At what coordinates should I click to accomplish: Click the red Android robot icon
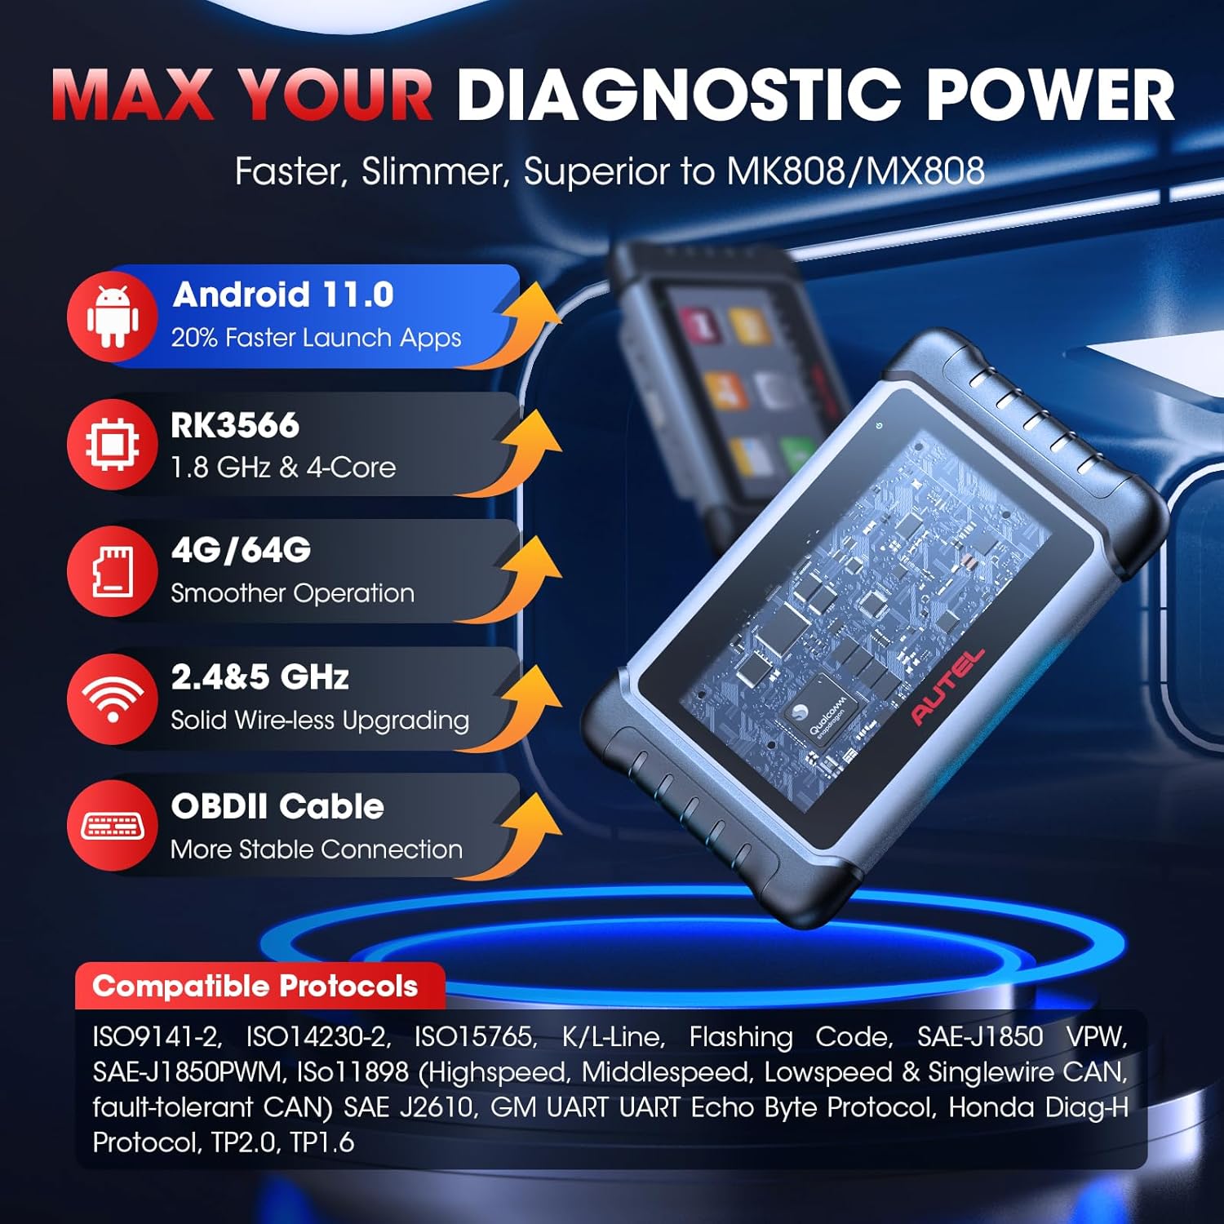113,317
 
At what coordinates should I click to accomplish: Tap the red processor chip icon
113,445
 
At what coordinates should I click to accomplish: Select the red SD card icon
113,571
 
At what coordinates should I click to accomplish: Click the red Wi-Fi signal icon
113,698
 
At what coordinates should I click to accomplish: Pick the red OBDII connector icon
113,826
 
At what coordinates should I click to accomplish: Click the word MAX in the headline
133,95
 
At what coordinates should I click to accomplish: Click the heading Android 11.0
283,295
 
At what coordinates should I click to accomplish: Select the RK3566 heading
235,425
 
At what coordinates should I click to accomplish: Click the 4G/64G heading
241,551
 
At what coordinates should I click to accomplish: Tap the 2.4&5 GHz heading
259,677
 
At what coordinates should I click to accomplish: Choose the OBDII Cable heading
277,806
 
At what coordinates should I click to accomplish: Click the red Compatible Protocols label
255,987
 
